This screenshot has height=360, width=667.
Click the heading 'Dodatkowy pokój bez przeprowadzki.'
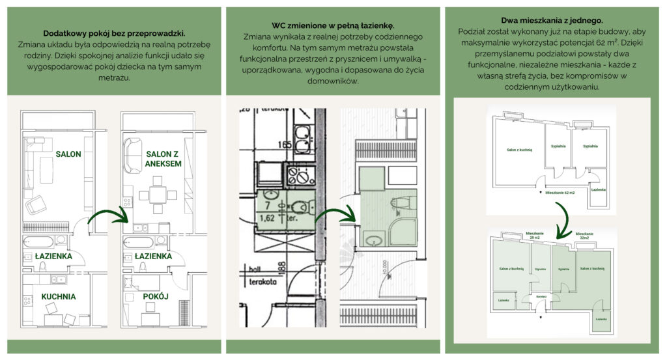113,33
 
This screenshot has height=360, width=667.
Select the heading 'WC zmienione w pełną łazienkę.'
333,25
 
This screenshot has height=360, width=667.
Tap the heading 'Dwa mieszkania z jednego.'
552,20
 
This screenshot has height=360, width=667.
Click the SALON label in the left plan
68,154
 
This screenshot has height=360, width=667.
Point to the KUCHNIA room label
59,297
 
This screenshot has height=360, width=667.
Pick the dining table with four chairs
157,193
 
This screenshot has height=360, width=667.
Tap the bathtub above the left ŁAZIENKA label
38,242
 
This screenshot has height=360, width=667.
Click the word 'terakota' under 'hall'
258,283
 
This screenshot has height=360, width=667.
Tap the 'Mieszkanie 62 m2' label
561,193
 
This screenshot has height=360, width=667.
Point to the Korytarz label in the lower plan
541,296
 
